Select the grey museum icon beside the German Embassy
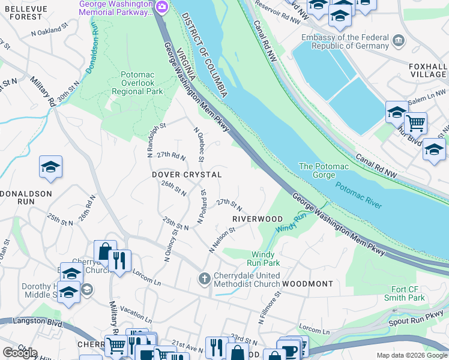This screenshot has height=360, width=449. [398, 41]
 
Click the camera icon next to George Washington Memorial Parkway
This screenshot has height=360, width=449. [161, 7]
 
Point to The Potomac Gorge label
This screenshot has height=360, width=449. [323, 170]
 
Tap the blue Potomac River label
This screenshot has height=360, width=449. [358, 196]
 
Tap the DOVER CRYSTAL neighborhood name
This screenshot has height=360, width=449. [187, 175]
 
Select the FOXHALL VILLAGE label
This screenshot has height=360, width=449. [427, 70]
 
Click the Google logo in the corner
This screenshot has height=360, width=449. [20, 353]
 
